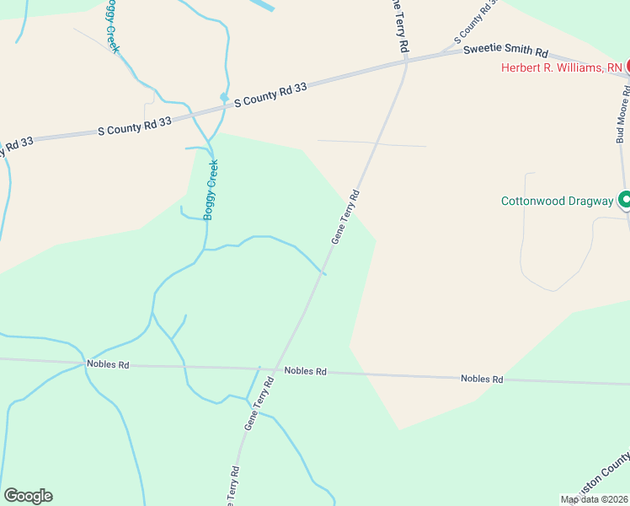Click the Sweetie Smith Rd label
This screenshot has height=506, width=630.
pyautogui.click(x=505, y=51)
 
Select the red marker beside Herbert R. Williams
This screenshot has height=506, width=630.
pyautogui.click(x=627, y=66)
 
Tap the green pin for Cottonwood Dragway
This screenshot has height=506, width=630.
pyautogui.click(x=625, y=200)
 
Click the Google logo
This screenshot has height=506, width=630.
pyautogui.click(x=28, y=496)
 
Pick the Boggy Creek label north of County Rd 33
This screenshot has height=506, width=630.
pyautogui.click(x=112, y=27)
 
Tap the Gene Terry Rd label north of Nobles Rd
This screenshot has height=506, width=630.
pyautogui.click(x=345, y=217)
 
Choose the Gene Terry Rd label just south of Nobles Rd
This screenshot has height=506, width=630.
pyautogui.click(x=260, y=405)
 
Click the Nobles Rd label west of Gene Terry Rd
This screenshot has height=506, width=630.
pyautogui.click(x=108, y=365)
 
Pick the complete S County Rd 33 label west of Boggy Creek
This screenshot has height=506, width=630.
pyautogui.click(x=135, y=126)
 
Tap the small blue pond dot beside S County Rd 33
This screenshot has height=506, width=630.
pyautogui.click(x=224, y=97)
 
